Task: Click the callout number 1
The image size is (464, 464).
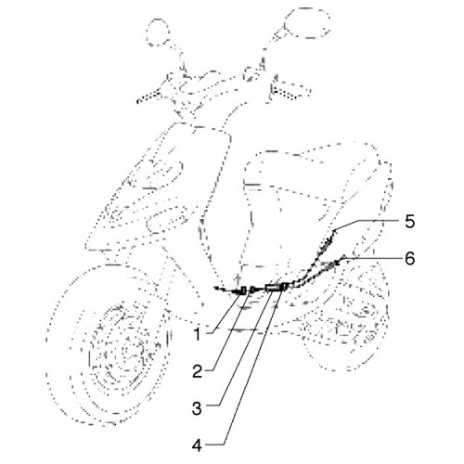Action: tap(197, 335)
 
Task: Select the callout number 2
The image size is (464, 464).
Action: tap(197, 371)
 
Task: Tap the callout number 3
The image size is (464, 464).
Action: tap(197, 408)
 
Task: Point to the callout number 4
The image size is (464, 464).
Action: tap(197, 445)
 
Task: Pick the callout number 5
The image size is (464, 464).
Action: tap(410, 222)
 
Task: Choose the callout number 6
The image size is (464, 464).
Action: tap(410, 258)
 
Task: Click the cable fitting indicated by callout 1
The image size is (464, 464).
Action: tap(243, 290)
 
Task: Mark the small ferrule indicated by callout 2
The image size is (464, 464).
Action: tap(252, 290)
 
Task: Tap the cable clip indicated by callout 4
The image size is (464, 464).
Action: tap(285, 287)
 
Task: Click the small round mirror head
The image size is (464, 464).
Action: tap(158, 32)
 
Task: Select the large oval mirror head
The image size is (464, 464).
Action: tap(306, 22)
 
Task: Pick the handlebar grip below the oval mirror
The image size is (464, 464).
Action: tap(290, 91)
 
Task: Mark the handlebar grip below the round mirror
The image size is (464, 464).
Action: tap(148, 97)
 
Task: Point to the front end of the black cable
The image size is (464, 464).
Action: tap(216, 288)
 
